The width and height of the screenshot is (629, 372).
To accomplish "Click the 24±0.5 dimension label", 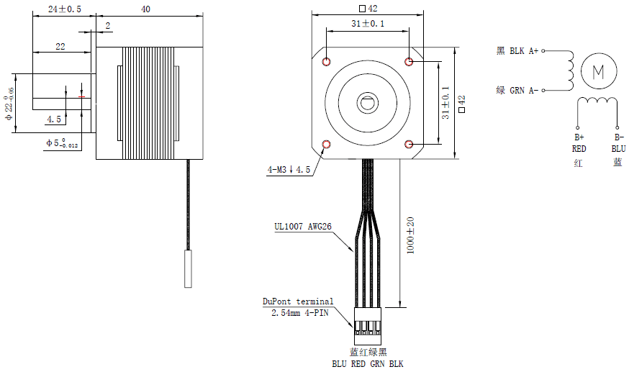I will pos(64,9).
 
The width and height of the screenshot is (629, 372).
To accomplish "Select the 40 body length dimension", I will pos(146,9).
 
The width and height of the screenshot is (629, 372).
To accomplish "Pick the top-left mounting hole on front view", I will pos(327,61).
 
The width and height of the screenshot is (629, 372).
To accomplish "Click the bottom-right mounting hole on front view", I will pos(409,144).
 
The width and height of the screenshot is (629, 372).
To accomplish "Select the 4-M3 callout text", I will pos(289,170).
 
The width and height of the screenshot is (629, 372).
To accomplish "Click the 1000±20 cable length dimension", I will pos(409,234).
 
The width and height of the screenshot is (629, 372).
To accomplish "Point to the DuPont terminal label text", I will pos(298,301).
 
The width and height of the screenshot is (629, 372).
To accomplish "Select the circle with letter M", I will pos(599,71).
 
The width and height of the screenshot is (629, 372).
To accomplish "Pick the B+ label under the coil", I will pos(579,137).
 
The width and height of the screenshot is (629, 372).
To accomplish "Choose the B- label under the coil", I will pos(618,137).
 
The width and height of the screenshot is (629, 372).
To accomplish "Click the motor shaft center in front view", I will pos(368,102).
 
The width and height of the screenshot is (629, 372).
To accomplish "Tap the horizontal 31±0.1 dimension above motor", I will pos(368,24).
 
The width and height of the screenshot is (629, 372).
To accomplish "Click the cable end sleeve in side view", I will pos(188,268).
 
